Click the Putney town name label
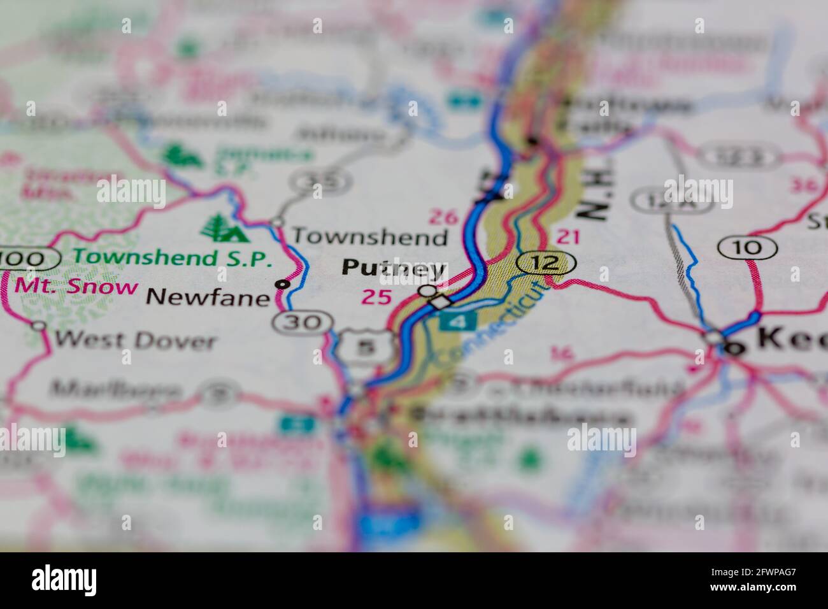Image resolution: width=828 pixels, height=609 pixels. (x=393, y=268)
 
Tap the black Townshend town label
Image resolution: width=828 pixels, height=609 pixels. (x=369, y=238)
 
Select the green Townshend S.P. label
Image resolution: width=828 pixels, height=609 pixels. (x=172, y=258)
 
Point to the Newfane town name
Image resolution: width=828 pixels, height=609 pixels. (x=208, y=297)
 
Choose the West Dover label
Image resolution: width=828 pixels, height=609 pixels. (x=134, y=340)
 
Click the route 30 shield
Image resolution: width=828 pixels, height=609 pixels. (x=301, y=322)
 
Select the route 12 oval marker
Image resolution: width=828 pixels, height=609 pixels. (x=546, y=262)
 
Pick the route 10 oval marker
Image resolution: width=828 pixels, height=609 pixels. (x=747, y=247)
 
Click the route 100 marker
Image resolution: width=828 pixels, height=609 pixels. (x=29, y=259)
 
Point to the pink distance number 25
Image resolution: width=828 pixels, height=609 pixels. (x=376, y=296)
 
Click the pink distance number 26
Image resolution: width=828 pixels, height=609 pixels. (x=443, y=217)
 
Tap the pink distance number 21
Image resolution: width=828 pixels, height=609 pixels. (x=567, y=237)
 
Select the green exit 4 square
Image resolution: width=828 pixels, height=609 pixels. (x=457, y=321)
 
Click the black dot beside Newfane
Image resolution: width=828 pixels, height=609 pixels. (x=282, y=284)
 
